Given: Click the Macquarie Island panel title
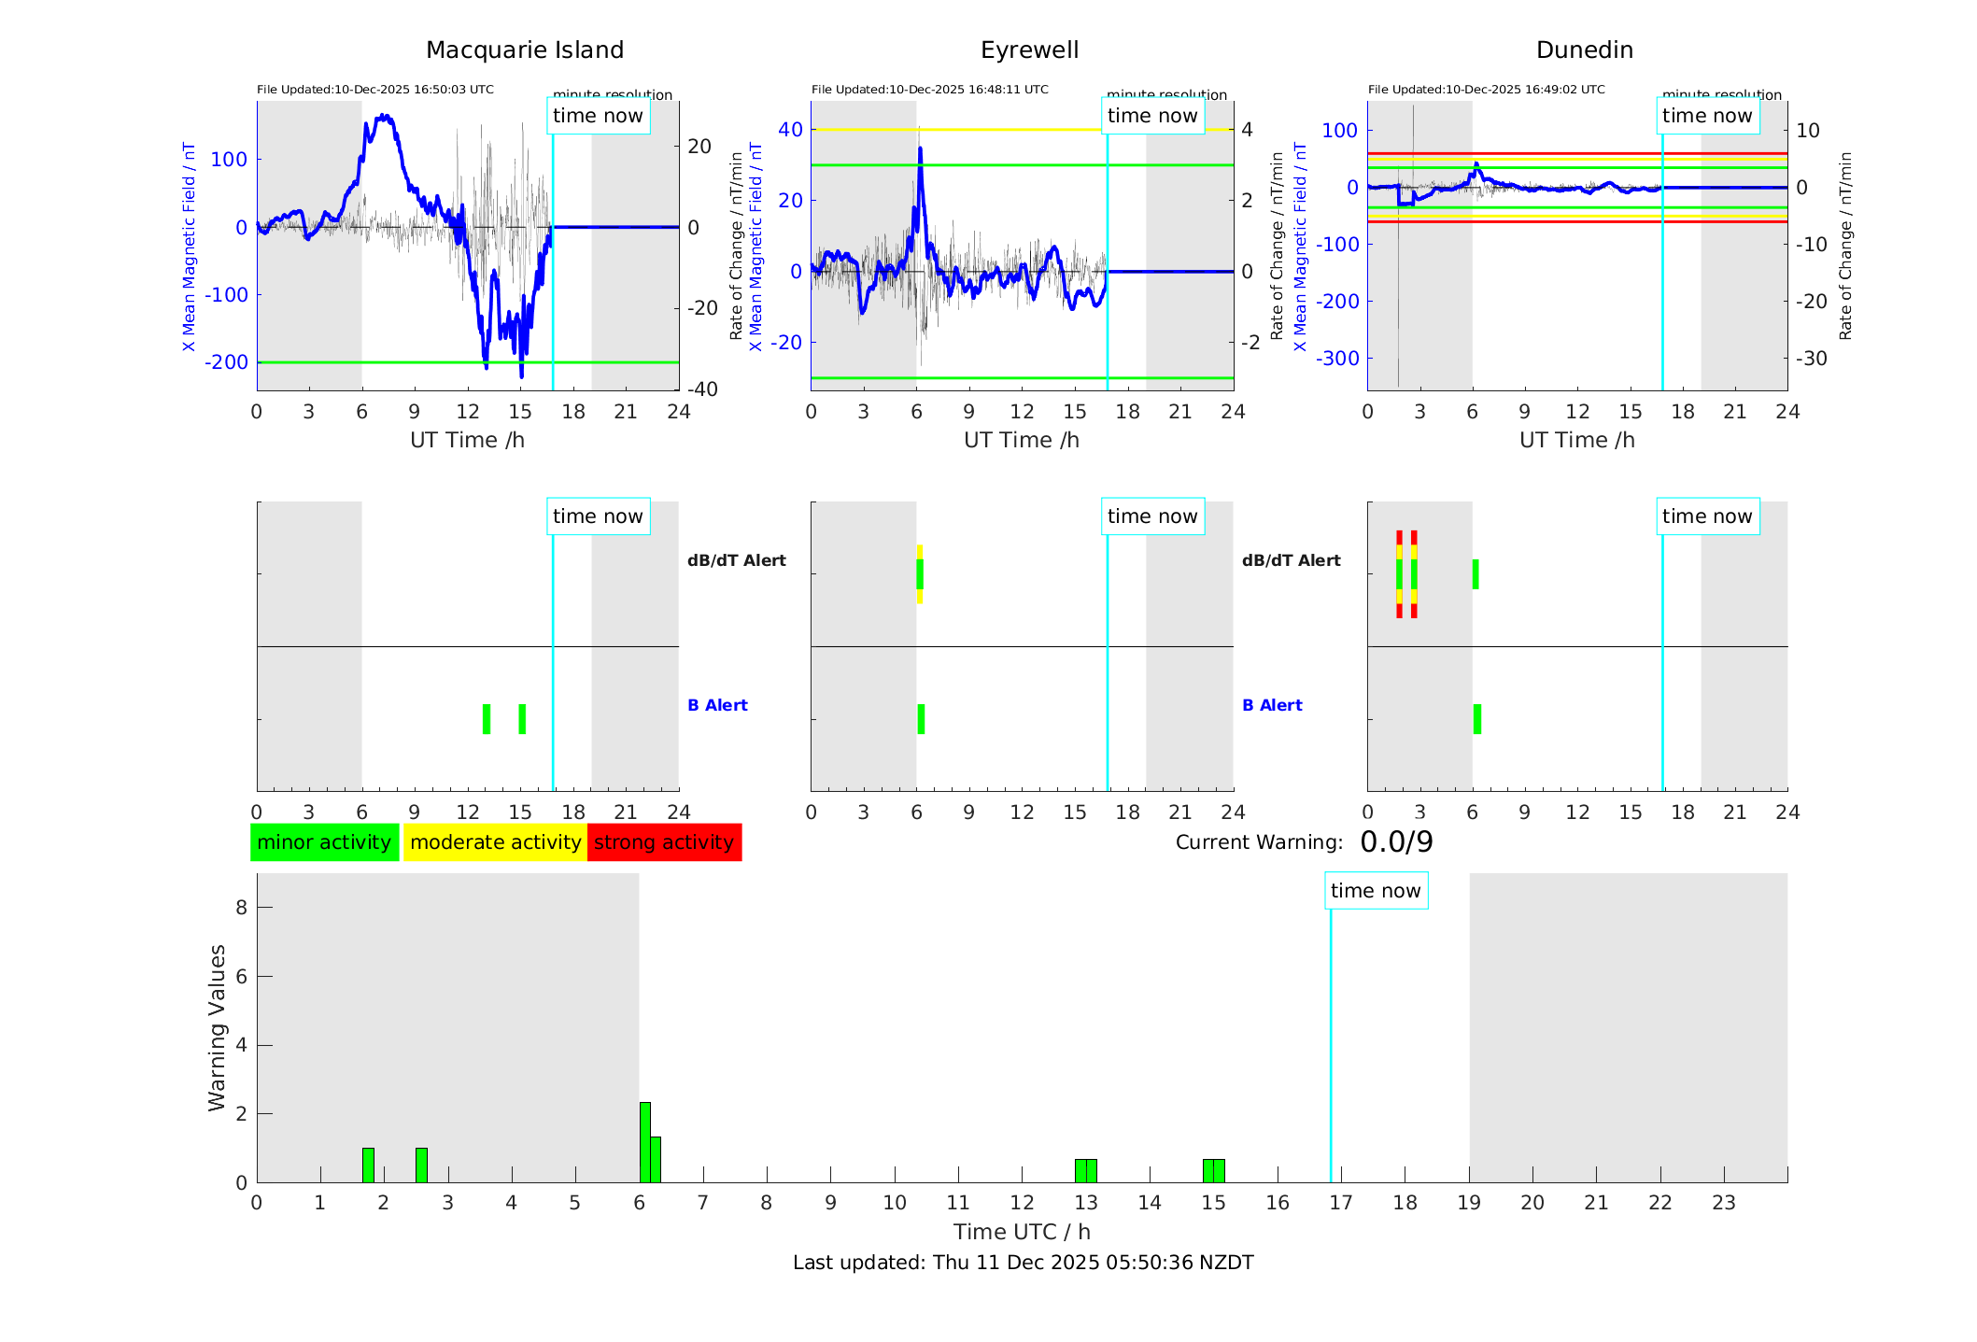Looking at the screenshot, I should (x=524, y=50).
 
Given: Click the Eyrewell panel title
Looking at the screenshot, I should (x=1029, y=50).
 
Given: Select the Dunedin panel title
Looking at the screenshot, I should (x=1584, y=50).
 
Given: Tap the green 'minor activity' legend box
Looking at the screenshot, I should (x=324, y=842).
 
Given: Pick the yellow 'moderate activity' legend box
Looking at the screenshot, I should (x=495, y=842).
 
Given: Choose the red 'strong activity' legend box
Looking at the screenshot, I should (x=664, y=842).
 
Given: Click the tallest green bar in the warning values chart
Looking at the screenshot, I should (x=644, y=1141).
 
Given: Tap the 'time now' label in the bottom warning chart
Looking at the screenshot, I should (x=1375, y=891).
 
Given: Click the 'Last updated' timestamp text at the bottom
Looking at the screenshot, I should (x=1023, y=1263).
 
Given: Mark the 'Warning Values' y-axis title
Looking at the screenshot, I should (x=218, y=1027).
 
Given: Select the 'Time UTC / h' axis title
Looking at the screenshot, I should (x=1022, y=1232).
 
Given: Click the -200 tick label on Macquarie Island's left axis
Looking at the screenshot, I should (x=227, y=362).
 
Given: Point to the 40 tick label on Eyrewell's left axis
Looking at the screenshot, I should (x=790, y=130).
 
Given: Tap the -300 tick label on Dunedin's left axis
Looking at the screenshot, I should (x=1337, y=359).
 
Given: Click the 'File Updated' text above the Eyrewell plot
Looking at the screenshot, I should (x=929, y=90).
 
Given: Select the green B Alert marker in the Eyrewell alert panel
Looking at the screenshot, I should (x=921, y=719).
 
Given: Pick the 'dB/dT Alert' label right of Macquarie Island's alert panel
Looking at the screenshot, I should (x=736, y=560).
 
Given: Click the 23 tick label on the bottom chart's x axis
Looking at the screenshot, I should (x=1723, y=1203).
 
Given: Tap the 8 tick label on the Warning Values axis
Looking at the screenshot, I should (x=241, y=907).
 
